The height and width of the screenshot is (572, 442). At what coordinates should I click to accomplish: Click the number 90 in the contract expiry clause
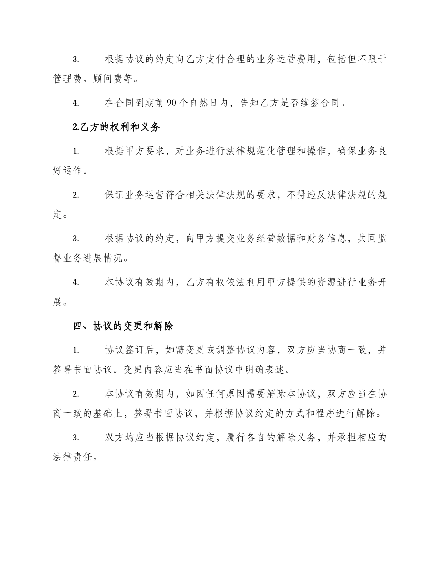coord(171,103)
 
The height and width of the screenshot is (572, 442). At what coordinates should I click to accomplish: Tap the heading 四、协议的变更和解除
coord(124,326)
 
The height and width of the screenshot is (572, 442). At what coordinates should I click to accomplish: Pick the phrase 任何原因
coord(221,394)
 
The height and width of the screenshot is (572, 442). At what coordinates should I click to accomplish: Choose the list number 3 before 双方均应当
coord(75,438)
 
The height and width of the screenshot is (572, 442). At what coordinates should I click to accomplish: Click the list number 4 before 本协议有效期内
coord(75,282)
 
